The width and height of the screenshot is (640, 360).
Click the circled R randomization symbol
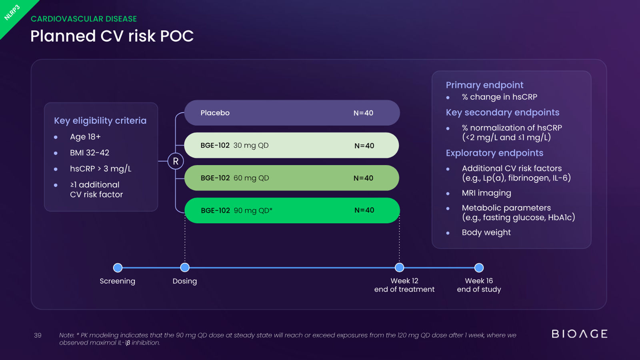176,161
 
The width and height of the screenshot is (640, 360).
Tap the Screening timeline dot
118,268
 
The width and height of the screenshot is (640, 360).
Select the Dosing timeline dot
185,268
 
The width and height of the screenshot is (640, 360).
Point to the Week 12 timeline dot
400,268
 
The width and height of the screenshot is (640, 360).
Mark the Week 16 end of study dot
479,268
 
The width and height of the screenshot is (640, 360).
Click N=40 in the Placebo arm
363,113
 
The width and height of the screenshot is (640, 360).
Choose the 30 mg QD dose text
251,146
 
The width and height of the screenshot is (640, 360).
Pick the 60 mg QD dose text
251,178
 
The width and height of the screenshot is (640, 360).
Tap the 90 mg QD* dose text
253,210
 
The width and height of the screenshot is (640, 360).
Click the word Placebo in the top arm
215,113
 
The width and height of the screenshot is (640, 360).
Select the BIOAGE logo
580,334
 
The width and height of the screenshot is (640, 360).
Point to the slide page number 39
38,335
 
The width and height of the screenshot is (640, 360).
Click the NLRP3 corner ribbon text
12,12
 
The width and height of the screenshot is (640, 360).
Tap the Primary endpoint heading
484,85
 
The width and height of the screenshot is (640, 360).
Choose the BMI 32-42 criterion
90,152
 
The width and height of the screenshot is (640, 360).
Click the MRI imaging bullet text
486,193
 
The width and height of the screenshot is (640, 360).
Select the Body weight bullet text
486,232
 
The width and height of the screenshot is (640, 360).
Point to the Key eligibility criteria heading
100,120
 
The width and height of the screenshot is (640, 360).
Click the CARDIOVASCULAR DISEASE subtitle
84,19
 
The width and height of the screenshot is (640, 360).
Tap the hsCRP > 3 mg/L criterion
100,168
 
